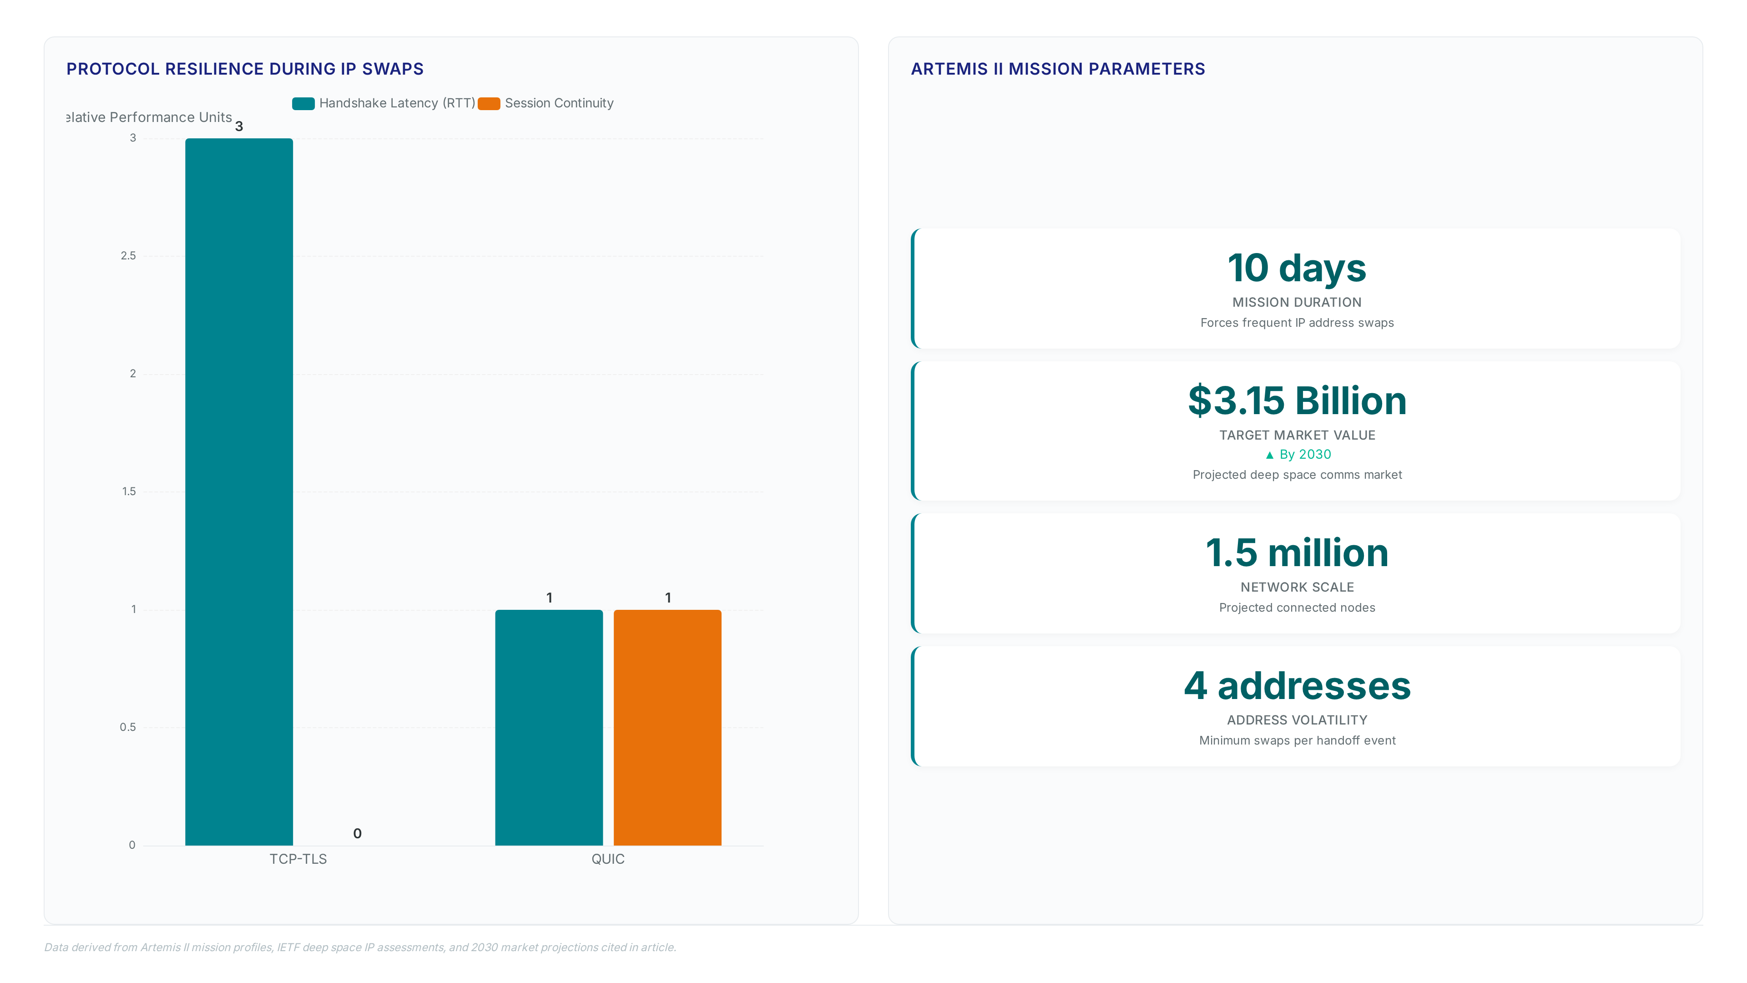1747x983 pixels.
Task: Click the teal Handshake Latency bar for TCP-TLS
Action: click(x=239, y=492)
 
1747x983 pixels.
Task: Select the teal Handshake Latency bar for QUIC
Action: click(x=549, y=727)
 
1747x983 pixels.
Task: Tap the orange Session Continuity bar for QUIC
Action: click(x=667, y=727)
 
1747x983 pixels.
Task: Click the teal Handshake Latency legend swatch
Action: click(x=303, y=103)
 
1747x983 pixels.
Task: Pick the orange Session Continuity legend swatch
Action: click(x=489, y=103)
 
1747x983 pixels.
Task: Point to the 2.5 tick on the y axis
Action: click(x=128, y=256)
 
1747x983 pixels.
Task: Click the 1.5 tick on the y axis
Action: click(x=129, y=491)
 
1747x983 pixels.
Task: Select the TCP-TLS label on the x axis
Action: click(x=298, y=859)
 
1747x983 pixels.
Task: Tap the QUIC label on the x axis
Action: click(x=608, y=859)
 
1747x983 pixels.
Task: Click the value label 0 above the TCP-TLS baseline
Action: click(x=358, y=834)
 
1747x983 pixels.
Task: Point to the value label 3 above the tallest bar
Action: click(x=239, y=126)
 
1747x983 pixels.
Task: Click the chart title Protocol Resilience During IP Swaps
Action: click(x=245, y=69)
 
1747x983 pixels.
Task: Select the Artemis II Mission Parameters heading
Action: click(x=1058, y=69)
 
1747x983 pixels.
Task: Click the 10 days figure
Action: click(x=1297, y=268)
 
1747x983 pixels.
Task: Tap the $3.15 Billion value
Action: click(x=1297, y=400)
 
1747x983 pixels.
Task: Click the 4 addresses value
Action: click(x=1297, y=685)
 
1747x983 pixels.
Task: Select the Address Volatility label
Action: click(x=1297, y=720)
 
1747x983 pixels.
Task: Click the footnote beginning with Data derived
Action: click(x=360, y=947)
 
